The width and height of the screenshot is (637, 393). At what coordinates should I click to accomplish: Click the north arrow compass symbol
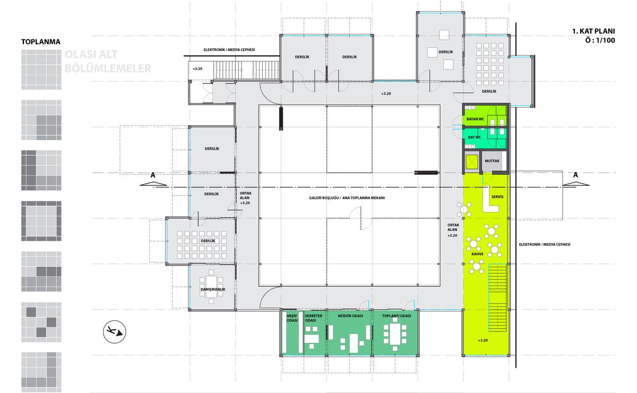(x=114, y=331)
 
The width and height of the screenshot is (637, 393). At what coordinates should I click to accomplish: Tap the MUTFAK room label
(x=492, y=161)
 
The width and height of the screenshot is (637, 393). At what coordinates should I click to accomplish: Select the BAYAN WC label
(x=475, y=119)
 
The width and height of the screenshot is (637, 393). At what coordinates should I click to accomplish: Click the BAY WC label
(x=475, y=137)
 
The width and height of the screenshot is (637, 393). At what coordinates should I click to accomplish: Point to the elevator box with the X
(x=471, y=162)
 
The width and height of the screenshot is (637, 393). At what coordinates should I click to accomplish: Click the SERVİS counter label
(x=497, y=196)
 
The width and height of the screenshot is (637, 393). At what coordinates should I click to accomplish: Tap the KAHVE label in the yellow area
(x=477, y=254)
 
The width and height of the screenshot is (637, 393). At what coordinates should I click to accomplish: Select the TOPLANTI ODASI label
(x=397, y=316)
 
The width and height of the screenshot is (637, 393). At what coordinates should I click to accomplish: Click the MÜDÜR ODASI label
(x=350, y=316)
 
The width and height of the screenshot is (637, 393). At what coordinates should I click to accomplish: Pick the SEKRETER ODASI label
(x=313, y=318)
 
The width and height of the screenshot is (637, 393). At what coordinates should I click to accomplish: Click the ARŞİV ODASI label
(x=292, y=318)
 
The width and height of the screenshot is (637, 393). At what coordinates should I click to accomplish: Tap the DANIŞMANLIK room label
(x=213, y=289)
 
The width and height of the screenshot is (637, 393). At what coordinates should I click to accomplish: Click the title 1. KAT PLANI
(x=593, y=31)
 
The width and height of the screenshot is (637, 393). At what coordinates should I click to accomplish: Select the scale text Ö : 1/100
(x=600, y=40)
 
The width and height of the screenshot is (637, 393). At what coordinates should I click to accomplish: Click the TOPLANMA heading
(x=41, y=42)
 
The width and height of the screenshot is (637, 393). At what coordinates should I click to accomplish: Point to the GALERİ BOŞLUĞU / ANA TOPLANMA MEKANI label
(x=347, y=198)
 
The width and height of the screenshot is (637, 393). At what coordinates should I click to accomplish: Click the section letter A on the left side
(x=153, y=175)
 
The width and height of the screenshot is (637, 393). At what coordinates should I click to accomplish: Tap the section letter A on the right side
(x=575, y=175)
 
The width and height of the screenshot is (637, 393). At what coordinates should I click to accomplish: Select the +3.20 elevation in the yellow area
(x=483, y=340)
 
